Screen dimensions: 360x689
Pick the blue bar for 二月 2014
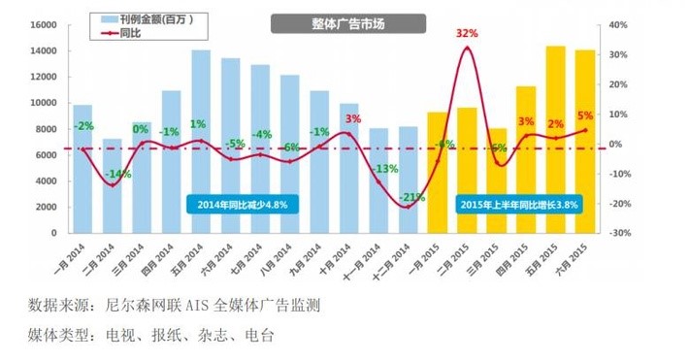click(113, 185)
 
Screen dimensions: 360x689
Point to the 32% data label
click(467, 33)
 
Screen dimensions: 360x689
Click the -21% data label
click(411, 197)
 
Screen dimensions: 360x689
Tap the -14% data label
click(119, 175)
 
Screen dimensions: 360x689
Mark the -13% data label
click(385, 168)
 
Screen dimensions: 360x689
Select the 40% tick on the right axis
click(621, 24)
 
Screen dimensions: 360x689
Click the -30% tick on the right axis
click(619, 234)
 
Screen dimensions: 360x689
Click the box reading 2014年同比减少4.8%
click(243, 205)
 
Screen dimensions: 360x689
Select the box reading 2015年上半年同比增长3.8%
click(519, 205)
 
